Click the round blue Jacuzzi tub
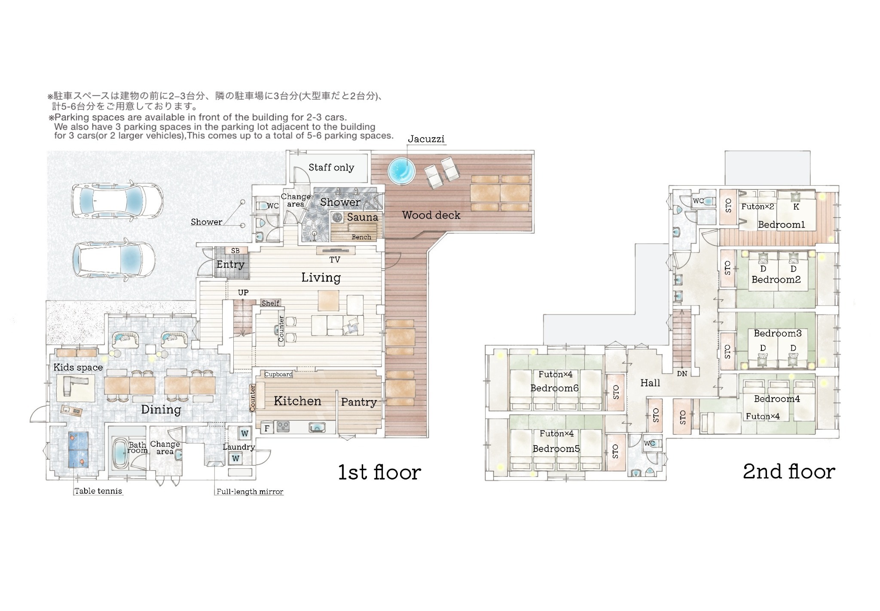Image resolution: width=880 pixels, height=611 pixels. pyautogui.click(x=402, y=171)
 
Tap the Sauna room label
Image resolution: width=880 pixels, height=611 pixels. pyautogui.click(x=363, y=217)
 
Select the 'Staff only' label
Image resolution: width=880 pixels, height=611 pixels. pyautogui.click(x=331, y=168)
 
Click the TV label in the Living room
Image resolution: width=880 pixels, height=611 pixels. pyautogui.click(x=335, y=260)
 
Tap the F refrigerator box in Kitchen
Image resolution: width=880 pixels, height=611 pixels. pyautogui.click(x=267, y=428)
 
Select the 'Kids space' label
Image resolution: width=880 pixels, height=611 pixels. pyautogui.click(x=78, y=367)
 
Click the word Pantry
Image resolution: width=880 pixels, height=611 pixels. pyautogui.click(x=359, y=402)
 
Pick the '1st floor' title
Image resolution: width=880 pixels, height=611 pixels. pyautogui.click(x=379, y=472)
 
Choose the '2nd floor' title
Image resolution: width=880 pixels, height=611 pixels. pyautogui.click(x=789, y=471)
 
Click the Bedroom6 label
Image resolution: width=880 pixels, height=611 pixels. pyautogui.click(x=554, y=388)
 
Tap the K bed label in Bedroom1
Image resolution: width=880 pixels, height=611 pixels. pyautogui.click(x=796, y=207)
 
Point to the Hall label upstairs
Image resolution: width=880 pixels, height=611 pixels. pyautogui.click(x=650, y=383)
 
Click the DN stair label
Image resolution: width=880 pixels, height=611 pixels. pyautogui.click(x=682, y=374)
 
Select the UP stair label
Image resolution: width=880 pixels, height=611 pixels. pyautogui.click(x=243, y=293)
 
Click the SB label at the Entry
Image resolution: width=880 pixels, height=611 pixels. pyautogui.click(x=235, y=251)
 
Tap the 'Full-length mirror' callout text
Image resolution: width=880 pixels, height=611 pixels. pyautogui.click(x=250, y=492)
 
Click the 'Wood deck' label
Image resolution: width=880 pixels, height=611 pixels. pyautogui.click(x=431, y=215)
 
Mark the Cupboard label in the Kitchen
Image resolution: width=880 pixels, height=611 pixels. pyautogui.click(x=278, y=374)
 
